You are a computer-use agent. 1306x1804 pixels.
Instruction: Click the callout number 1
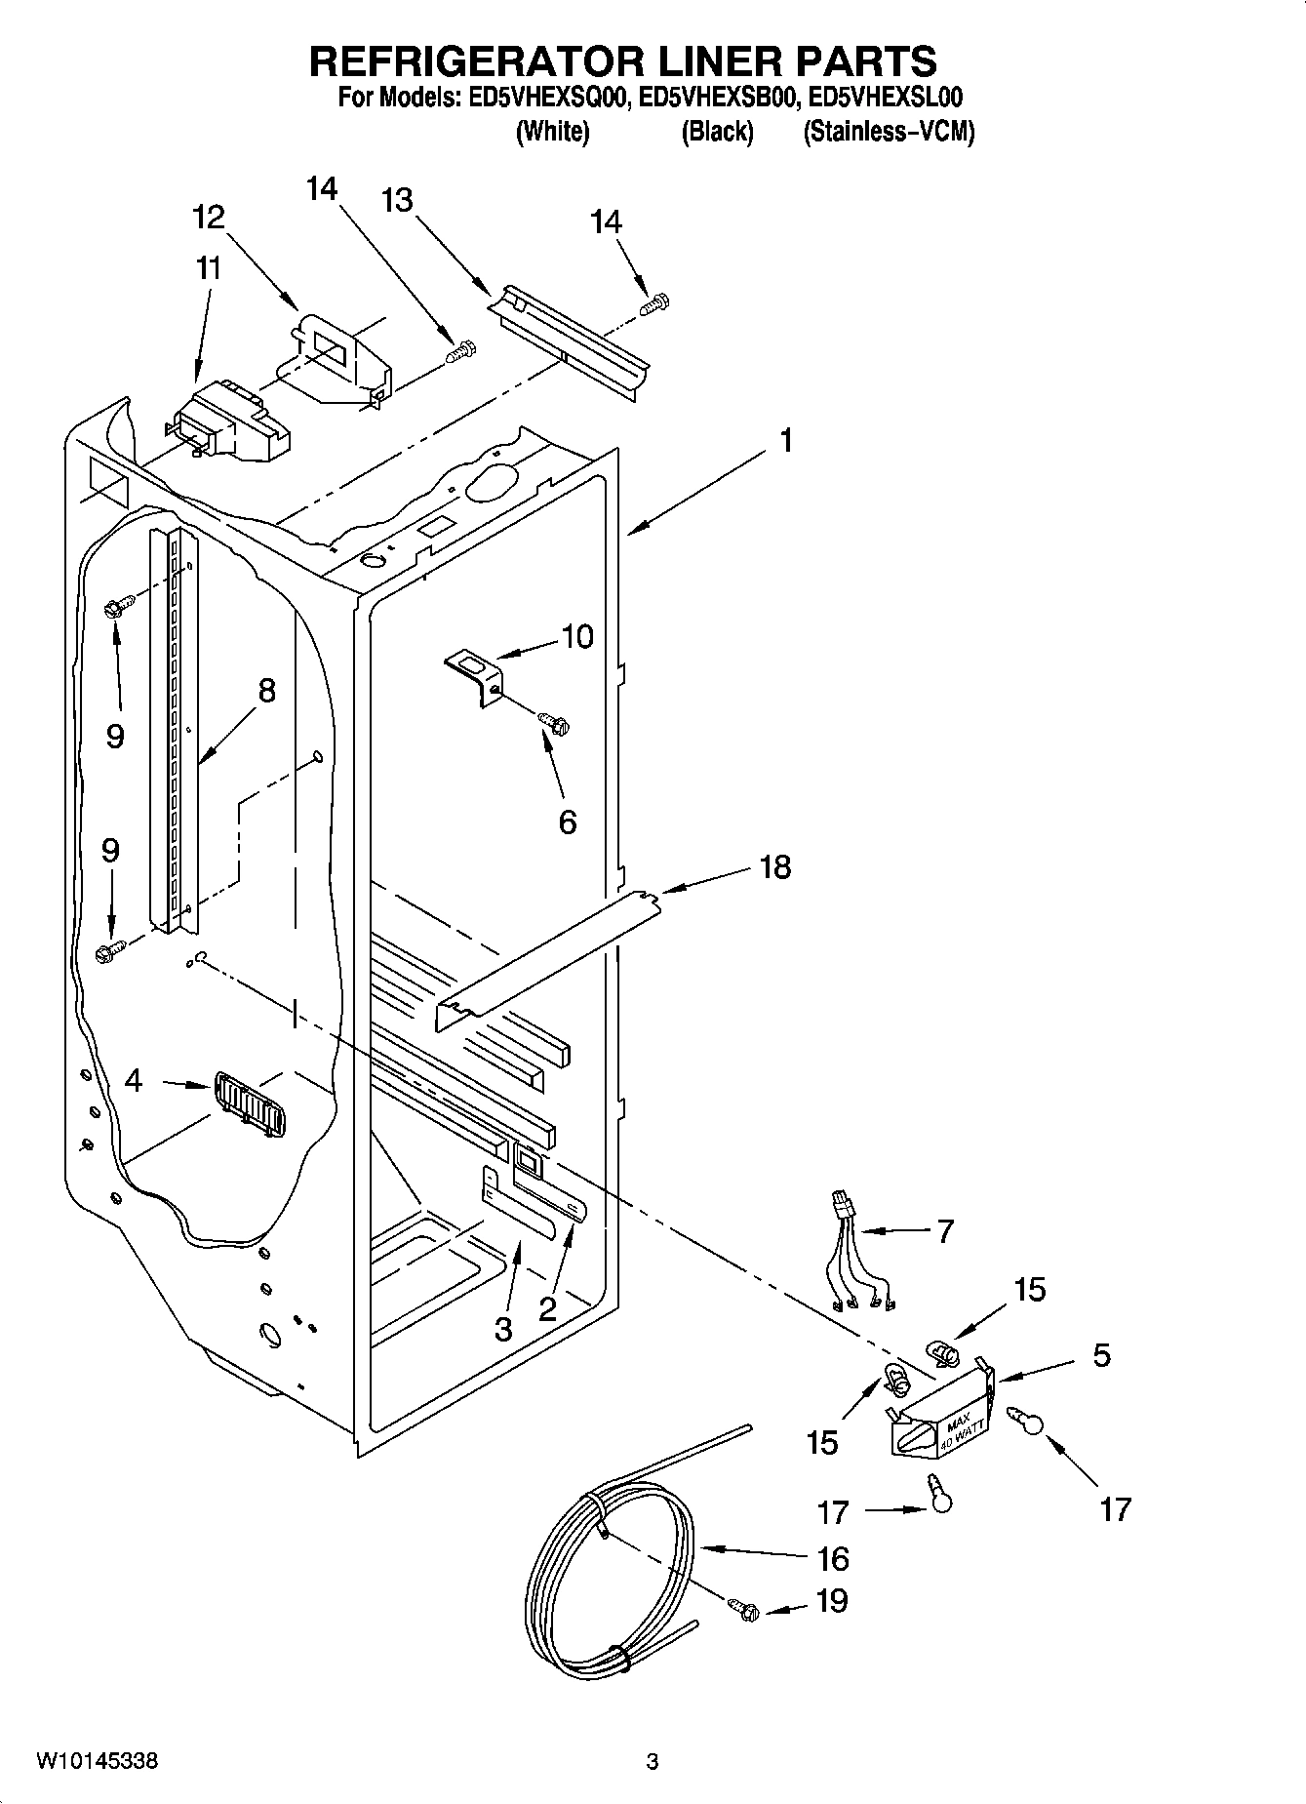click(x=785, y=441)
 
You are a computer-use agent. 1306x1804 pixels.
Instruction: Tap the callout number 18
click(x=775, y=866)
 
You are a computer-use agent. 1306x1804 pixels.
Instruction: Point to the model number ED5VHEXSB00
click(x=724, y=98)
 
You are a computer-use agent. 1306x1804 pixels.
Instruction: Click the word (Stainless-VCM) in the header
click(x=888, y=132)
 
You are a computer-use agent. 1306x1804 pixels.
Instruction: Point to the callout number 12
click(x=209, y=217)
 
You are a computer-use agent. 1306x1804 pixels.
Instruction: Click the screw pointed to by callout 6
click(x=555, y=723)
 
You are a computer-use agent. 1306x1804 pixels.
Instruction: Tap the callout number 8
click(x=266, y=691)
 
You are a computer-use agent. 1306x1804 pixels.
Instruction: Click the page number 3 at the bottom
click(x=653, y=1762)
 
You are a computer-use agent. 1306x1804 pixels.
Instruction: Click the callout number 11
click(x=208, y=268)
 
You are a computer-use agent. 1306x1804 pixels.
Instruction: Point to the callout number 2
click(x=548, y=1308)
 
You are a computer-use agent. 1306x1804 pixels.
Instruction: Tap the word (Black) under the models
click(x=717, y=132)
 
